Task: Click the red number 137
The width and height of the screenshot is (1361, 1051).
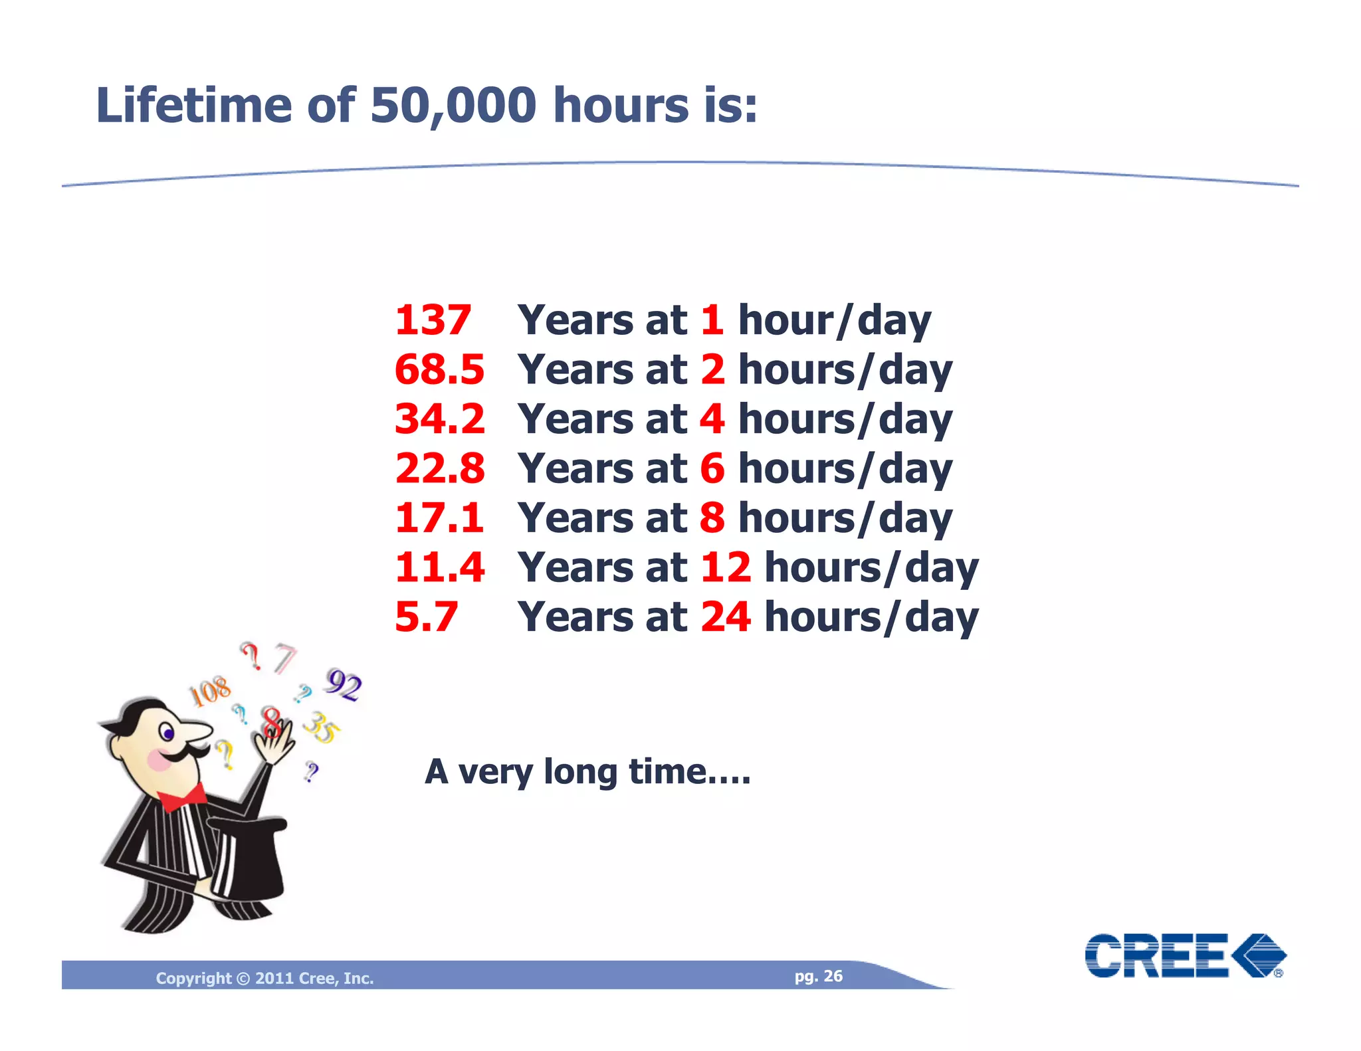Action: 433,320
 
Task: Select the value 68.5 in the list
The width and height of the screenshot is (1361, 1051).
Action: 439,369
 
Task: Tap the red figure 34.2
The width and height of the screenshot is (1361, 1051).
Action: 439,419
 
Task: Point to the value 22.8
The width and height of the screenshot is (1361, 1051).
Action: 439,468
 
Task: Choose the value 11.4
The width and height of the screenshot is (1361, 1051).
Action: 439,567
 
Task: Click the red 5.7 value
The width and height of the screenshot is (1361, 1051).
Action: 426,617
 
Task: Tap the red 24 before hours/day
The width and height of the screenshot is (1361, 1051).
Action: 725,617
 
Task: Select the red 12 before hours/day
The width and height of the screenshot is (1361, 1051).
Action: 725,567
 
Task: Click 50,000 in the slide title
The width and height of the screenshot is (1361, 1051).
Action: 453,105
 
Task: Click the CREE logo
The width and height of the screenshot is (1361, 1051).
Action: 1185,955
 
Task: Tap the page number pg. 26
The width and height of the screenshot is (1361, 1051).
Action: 818,976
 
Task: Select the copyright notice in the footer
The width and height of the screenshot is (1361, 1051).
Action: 264,978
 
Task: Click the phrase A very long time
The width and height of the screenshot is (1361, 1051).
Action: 587,772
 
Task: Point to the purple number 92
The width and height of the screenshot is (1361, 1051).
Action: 344,684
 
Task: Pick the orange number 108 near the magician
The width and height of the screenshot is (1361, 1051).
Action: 211,692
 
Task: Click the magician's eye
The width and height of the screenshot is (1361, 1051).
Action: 168,733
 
